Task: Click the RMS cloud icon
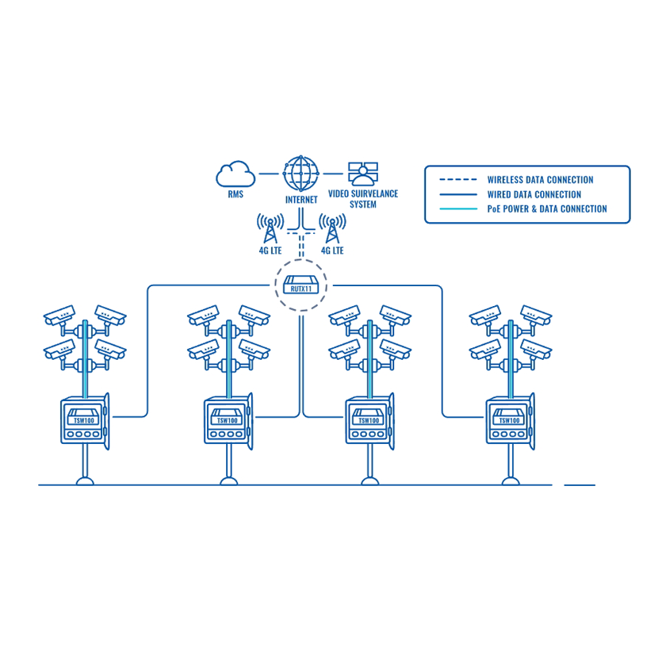click(235, 173)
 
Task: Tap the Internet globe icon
click(300, 172)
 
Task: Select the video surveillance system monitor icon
click(363, 173)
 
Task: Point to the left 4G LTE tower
click(270, 228)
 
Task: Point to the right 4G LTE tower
click(332, 228)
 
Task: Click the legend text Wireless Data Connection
click(540, 180)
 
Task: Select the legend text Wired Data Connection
click(534, 194)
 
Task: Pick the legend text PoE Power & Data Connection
click(546, 209)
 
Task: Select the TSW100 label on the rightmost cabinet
click(508, 421)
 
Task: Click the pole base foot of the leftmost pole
click(84, 480)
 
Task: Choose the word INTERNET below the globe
click(301, 200)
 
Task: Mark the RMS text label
click(235, 193)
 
